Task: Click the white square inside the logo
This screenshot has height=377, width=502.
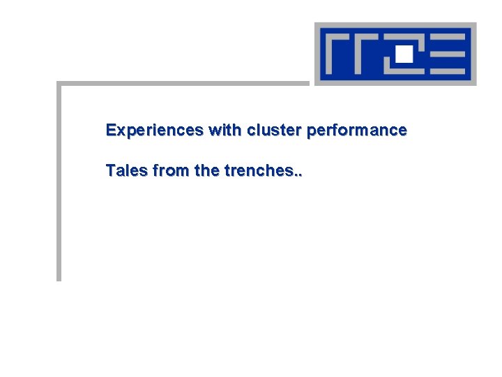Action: (404, 52)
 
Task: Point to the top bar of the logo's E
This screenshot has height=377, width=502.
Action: (446, 36)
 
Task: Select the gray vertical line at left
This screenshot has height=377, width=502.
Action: (59, 182)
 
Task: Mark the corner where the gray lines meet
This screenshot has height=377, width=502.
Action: (59, 84)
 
